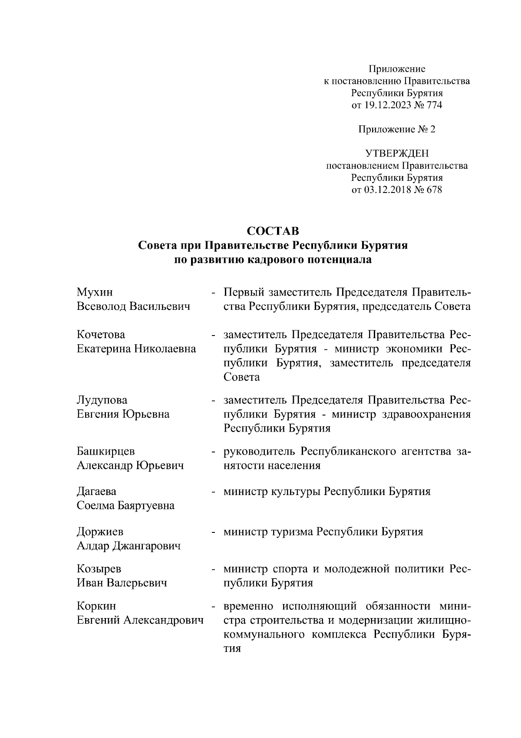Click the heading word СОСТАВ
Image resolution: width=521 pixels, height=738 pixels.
(273, 230)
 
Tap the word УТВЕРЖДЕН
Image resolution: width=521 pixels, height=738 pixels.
(397, 153)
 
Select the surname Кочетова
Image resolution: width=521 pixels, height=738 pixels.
(101, 335)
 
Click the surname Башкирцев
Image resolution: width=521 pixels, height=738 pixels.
(106, 452)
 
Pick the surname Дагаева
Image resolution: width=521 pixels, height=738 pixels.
(96, 492)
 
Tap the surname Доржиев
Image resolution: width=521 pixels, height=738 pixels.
(100, 532)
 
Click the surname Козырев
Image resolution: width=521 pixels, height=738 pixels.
(99, 569)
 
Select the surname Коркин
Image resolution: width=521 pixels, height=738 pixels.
(96, 606)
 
